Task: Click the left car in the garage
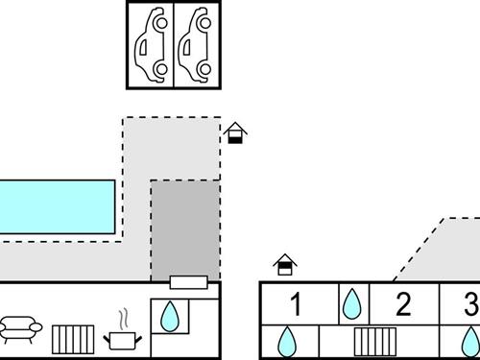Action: pos(152,45)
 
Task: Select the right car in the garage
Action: pos(195,45)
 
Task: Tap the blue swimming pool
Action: pos(57,206)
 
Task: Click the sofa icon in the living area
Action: pos(20,329)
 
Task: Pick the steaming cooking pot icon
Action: pos(123,333)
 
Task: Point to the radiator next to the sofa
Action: pos(73,340)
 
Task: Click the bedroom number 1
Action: pos(296,304)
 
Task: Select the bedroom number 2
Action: pos(403,304)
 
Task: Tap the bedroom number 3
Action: pos(472,304)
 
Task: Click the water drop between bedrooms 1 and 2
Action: pos(352,304)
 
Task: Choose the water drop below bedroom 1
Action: pos(287,342)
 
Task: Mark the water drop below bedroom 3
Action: pos(471,342)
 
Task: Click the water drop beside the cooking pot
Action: pos(170,316)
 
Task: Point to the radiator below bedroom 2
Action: pos(375,342)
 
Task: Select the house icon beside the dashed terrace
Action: pos(235,132)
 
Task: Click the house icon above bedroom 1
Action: pos(285,265)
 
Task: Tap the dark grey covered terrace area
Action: pos(185,230)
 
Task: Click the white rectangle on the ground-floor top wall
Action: pos(188,282)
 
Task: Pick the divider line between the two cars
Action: pos(174,45)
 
